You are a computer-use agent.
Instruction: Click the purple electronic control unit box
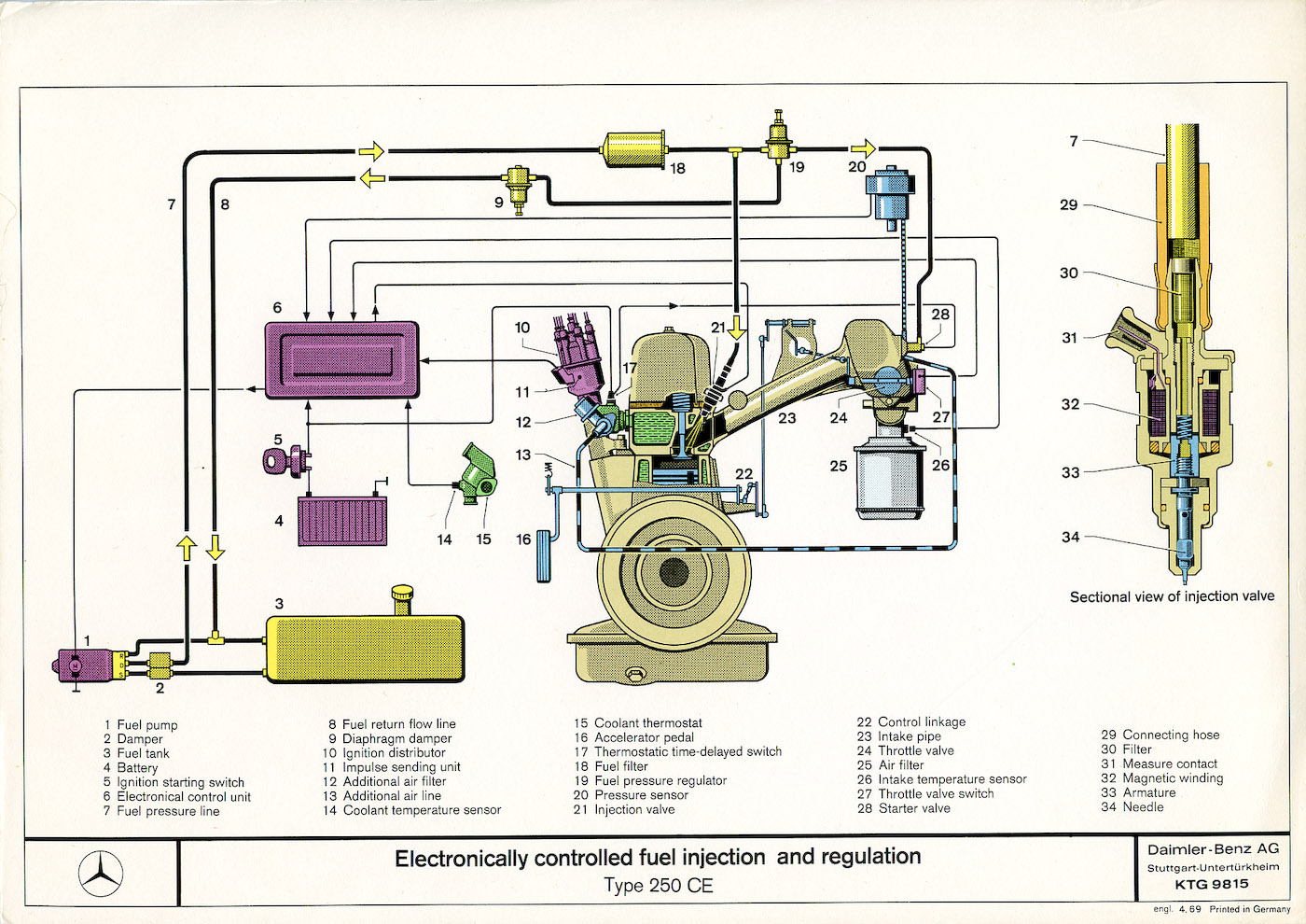(x=342, y=359)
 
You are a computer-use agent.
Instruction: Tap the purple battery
(x=341, y=521)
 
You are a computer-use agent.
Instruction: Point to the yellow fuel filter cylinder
(x=634, y=149)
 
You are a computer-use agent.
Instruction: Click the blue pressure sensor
(x=893, y=193)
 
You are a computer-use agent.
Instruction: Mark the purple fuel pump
(x=73, y=664)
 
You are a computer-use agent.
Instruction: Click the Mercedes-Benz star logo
(x=101, y=874)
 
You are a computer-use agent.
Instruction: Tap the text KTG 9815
(x=1212, y=884)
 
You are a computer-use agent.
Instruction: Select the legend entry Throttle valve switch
(x=936, y=793)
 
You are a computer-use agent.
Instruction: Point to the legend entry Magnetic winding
(x=1173, y=777)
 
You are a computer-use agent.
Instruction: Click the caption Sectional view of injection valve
(x=1172, y=596)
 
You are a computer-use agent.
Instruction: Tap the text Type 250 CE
(x=658, y=885)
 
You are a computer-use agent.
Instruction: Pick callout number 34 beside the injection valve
(x=1070, y=537)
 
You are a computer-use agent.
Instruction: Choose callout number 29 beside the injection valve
(x=1068, y=204)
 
